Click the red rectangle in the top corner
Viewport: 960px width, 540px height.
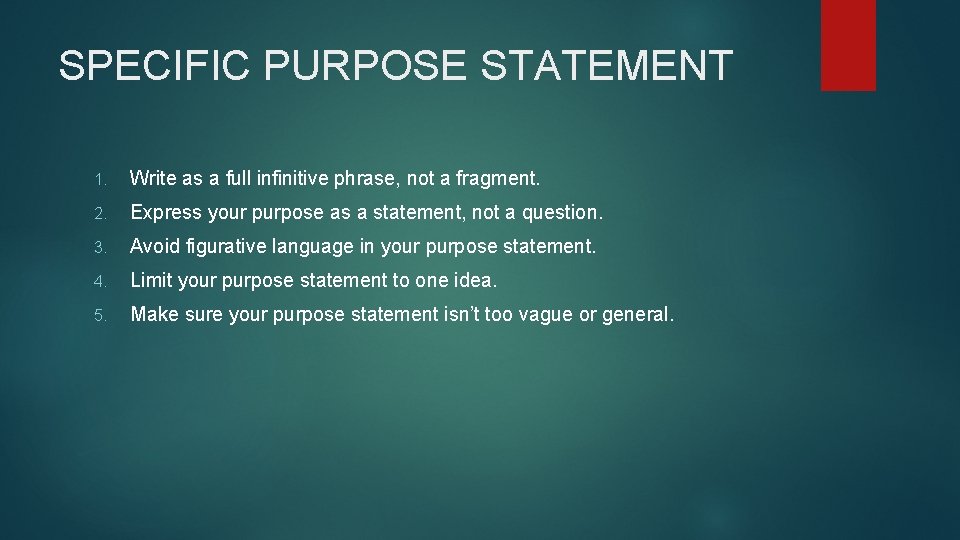coord(848,45)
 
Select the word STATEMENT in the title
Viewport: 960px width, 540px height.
coord(608,66)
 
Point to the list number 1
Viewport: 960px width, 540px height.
coord(101,180)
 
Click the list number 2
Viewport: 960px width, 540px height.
coord(101,214)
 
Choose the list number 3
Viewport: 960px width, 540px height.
coord(101,248)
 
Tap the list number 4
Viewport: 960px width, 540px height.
coord(101,282)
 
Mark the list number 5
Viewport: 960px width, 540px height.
coord(101,316)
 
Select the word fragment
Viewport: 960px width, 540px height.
coord(496,179)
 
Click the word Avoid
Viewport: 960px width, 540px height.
coord(154,247)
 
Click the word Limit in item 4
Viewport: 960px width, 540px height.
coord(151,281)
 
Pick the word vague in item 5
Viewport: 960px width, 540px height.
coord(544,315)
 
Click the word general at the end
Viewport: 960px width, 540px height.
coord(637,315)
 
